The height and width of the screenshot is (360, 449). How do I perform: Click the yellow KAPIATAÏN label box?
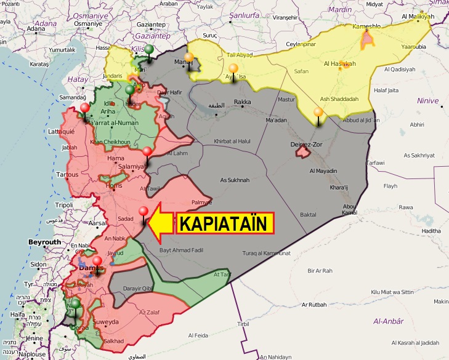click(x=225, y=223)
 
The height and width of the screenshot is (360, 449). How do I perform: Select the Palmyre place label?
click(x=201, y=202)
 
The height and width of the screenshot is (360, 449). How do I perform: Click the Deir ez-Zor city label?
click(x=306, y=145)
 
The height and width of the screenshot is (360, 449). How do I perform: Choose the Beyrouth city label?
click(x=45, y=242)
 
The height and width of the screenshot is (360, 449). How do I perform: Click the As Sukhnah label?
click(x=235, y=180)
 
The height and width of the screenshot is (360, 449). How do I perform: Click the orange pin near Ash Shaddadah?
click(x=318, y=113)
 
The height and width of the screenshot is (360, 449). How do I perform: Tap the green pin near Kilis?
click(x=149, y=37)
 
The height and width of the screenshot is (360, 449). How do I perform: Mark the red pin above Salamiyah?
click(x=147, y=152)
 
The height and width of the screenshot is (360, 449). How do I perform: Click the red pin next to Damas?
click(x=97, y=261)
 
